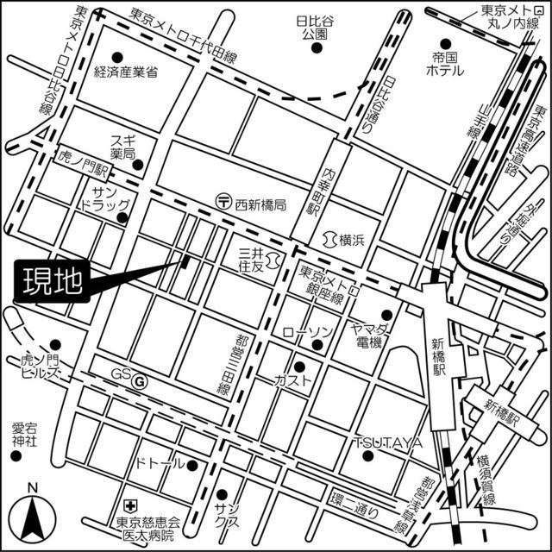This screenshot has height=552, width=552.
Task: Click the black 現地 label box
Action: click(50, 282)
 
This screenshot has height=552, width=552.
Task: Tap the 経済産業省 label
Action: click(126, 72)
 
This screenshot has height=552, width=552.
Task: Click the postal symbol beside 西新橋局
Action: click(223, 201)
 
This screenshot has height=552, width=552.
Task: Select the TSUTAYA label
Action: click(387, 442)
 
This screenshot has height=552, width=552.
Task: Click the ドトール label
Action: click(160, 464)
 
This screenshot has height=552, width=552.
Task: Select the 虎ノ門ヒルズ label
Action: click(38, 368)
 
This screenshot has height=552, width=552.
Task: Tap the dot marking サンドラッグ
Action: click(122, 216)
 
